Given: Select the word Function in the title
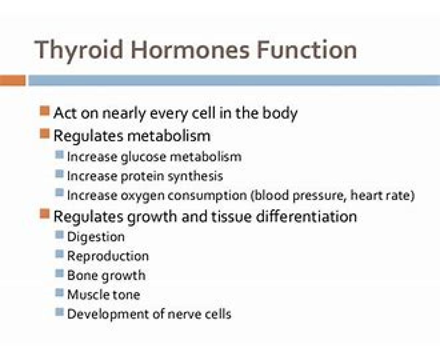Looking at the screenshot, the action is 307,49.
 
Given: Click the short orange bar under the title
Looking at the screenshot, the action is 13,80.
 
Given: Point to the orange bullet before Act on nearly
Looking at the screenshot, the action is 45,111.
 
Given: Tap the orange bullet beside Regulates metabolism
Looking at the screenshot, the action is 45,134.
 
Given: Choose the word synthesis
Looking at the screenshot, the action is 195,177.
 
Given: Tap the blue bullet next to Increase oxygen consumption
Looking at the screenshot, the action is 59,192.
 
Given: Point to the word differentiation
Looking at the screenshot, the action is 307,216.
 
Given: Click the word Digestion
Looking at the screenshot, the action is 96,237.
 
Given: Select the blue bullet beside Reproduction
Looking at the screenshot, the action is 59,254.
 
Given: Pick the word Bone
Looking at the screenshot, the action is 82,275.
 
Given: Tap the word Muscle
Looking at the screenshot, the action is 88,295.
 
